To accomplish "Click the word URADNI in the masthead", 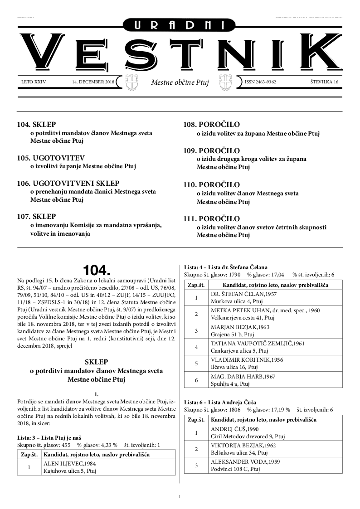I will click(x=180, y=25).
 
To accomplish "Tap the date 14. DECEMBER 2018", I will click(x=93, y=82).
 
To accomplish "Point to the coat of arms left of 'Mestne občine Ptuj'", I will click(x=131, y=82).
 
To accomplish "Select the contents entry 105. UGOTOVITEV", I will click(x=51, y=158).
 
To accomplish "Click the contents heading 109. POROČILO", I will click(x=212, y=150).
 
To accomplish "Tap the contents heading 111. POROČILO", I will click(x=212, y=219).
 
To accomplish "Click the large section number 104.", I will click(x=96, y=271).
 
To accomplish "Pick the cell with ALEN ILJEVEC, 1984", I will click(x=108, y=467).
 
